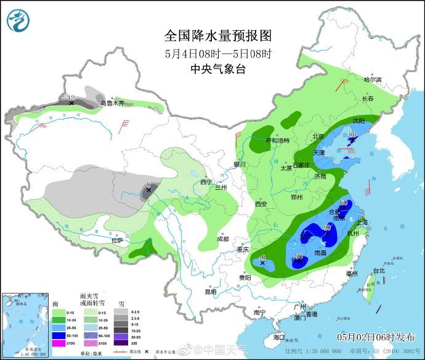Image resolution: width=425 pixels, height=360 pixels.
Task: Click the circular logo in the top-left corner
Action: point(18,21)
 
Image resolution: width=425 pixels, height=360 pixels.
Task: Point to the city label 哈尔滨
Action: point(373,80)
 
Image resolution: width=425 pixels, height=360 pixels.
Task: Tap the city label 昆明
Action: point(211,292)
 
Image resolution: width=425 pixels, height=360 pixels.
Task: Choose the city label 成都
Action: point(222,239)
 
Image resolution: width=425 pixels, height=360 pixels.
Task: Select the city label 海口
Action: point(279,337)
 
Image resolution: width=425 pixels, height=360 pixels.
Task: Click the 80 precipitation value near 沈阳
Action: point(353,135)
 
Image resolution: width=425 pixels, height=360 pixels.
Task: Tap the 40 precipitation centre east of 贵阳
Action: point(262,258)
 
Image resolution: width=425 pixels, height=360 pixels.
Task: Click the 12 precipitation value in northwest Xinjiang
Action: point(71,99)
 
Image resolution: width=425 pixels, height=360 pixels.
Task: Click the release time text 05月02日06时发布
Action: point(374,337)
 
